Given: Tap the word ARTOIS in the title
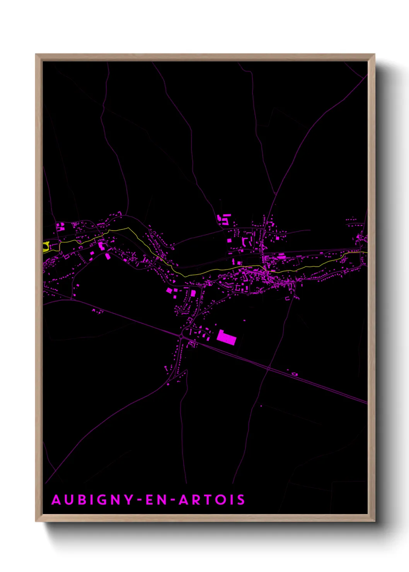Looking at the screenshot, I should [x=211, y=500].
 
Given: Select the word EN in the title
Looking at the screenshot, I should [x=156, y=500].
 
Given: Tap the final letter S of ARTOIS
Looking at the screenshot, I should [x=241, y=500].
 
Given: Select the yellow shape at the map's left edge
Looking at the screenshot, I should [x=46, y=247].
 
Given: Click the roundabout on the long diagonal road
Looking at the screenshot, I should [x=181, y=336].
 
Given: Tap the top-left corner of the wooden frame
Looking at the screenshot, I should [x=36, y=54].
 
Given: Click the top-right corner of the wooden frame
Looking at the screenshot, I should [x=374, y=54].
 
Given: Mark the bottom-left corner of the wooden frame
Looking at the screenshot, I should [x=36, y=521].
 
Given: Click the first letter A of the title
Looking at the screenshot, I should [x=56, y=500].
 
